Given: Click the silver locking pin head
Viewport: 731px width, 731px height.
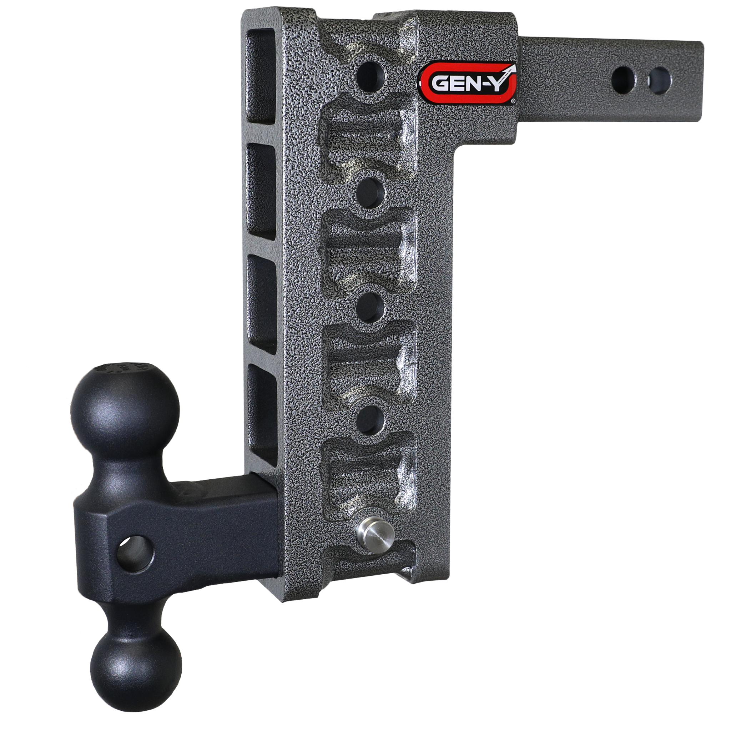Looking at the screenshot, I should pos(376,537).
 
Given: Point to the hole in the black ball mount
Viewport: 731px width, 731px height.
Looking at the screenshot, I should pos(135,554).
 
